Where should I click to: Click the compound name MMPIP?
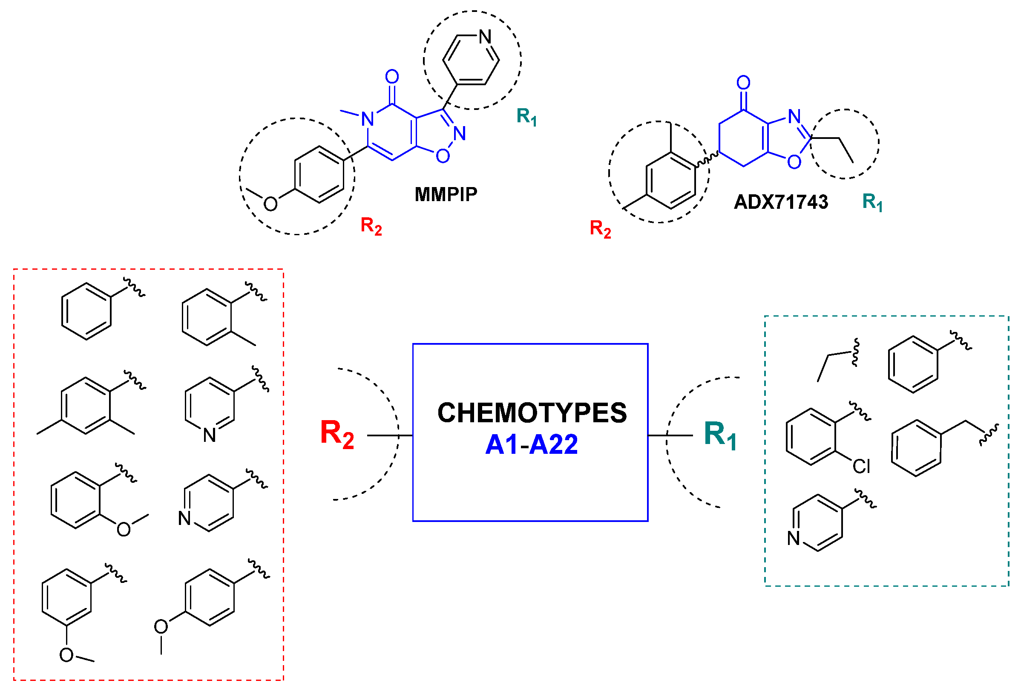point(445,195)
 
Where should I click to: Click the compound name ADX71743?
point(780,202)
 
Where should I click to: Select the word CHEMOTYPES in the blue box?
point(532,413)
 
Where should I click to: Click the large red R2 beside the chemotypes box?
point(336,434)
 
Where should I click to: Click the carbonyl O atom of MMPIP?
point(392,77)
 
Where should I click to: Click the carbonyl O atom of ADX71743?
point(743,83)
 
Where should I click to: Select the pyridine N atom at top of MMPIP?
point(485,37)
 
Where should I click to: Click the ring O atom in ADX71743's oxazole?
point(794,162)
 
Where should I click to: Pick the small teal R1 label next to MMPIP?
point(526,117)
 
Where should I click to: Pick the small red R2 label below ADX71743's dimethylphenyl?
point(600,229)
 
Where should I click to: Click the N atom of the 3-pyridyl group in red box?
point(210,435)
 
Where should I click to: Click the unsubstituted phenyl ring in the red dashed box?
point(86,311)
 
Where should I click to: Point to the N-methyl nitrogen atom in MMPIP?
point(368,119)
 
